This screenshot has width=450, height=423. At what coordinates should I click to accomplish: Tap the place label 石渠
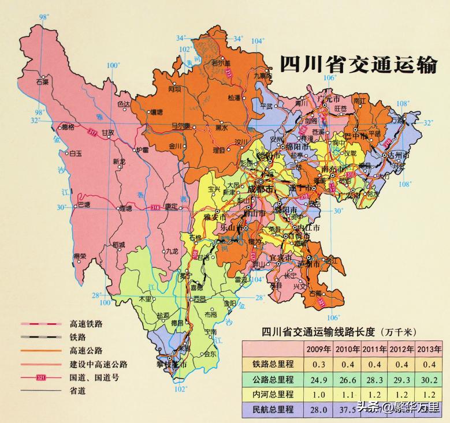42,82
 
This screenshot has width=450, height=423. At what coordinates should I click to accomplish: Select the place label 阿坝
174,89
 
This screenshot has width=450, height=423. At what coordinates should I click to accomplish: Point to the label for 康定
171,205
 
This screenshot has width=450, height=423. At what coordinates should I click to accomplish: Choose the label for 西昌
199,299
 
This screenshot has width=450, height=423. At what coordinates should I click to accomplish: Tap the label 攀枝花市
172,365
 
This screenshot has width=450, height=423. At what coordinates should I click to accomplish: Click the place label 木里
144,299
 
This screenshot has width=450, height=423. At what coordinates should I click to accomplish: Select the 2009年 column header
318,349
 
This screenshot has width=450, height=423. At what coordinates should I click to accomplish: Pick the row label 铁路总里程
273,364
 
